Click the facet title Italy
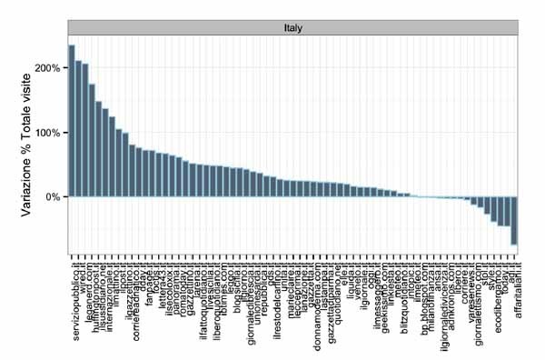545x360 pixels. tap(292, 28)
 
